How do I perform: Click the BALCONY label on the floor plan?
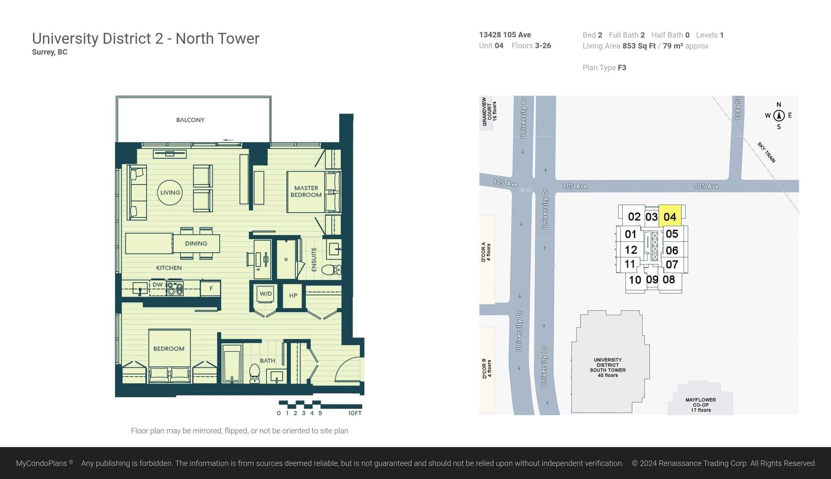pyautogui.click(x=190, y=120)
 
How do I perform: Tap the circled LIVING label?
pyautogui.click(x=170, y=193)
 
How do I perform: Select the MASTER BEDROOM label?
pyautogui.click(x=306, y=191)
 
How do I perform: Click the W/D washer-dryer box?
pyautogui.click(x=265, y=294)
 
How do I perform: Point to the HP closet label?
pyautogui.click(x=293, y=295)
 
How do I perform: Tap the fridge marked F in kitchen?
pyautogui.click(x=211, y=289)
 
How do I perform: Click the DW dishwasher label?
pyautogui.click(x=158, y=285)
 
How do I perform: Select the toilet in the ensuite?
pyautogui.click(x=331, y=269)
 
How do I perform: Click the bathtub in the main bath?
pyautogui.click(x=232, y=363)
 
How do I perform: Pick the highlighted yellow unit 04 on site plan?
pyautogui.click(x=670, y=216)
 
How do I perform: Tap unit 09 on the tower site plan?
pyautogui.click(x=652, y=280)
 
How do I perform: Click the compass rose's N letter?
pyautogui.click(x=779, y=104)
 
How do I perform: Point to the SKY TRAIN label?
pyautogui.click(x=767, y=153)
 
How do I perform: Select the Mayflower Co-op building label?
pyautogui.click(x=701, y=405)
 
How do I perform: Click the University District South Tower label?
pyautogui.click(x=608, y=367)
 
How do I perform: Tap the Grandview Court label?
pyautogui.click(x=489, y=111)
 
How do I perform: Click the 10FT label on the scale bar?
pyautogui.click(x=355, y=413)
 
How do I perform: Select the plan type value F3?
pyautogui.click(x=622, y=67)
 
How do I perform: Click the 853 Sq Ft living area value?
pyautogui.click(x=639, y=46)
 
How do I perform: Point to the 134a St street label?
pyautogui.click(x=738, y=108)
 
